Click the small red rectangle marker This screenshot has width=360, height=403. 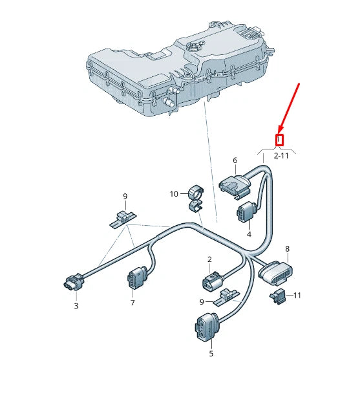[280, 140]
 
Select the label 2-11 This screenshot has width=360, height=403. [281, 156]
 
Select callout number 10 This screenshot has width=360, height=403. [174, 193]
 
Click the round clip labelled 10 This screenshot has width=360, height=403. [196, 193]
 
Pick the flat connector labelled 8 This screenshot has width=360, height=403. [275, 272]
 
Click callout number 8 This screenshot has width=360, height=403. [287, 248]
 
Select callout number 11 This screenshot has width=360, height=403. [297, 296]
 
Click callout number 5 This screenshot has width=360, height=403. [211, 354]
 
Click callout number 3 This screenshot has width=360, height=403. [76, 305]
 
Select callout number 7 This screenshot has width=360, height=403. [132, 303]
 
